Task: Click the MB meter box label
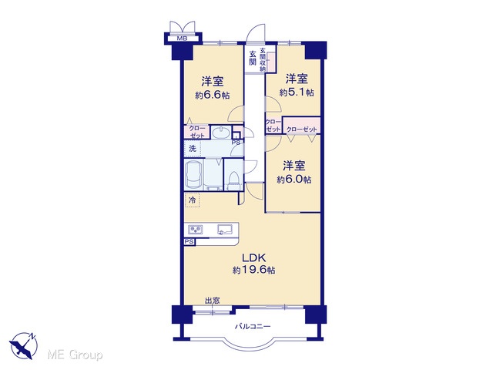(x=182, y=39)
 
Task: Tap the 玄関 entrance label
(x=253, y=58)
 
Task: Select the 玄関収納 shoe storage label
(x=263, y=59)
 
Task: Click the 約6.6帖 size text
(x=213, y=95)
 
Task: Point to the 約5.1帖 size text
(x=297, y=92)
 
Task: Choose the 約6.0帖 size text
(x=294, y=180)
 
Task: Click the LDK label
(x=254, y=258)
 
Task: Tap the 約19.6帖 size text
(x=254, y=270)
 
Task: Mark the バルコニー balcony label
(x=253, y=327)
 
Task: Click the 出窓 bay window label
(x=213, y=301)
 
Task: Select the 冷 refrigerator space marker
(x=193, y=200)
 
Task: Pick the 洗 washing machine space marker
(x=193, y=149)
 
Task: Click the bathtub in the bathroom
(x=193, y=174)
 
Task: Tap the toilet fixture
(x=233, y=180)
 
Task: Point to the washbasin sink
(x=221, y=133)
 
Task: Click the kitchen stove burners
(x=196, y=230)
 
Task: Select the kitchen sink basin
(x=224, y=229)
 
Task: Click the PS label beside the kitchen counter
(x=189, y=241)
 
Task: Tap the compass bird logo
(x=23, y=346)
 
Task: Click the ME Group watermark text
(x=75, y=355)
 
